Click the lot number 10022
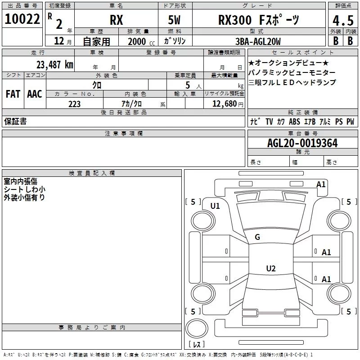pyautogui.click(x=22, y=19)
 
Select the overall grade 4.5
pyautogui.click(x=343, y=20)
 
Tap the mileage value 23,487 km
pyautogui.click(x=54, y=64)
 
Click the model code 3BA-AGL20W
pyautogui.click(x=258, y=41)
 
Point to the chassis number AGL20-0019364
pyautogui.click(x=302, y=143)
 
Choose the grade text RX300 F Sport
pyautogui.click(x=258, y=20)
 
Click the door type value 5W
pyautogui.click(x=174, y=20)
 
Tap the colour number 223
pyautogui.click(x=74, y=104)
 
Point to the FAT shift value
pyautogui.click(x=13, y=94)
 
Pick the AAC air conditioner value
pyautogui.click(x=35, y=94)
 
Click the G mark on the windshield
pyautogui.click(x=257, y=237)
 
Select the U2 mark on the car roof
pyautogui.click(x=271, y=268)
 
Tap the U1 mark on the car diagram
pyautogui.click(x=215, y=206)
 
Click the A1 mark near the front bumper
pyautogui.click(x=321, y=184)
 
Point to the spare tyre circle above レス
pyautogui.click(x=197, y=328)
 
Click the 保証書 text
pyautogui.click(x=15, y=121)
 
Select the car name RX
pyautogui.click(x=117, y=20)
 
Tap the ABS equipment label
pyautogui.click(x=294, y=121)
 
